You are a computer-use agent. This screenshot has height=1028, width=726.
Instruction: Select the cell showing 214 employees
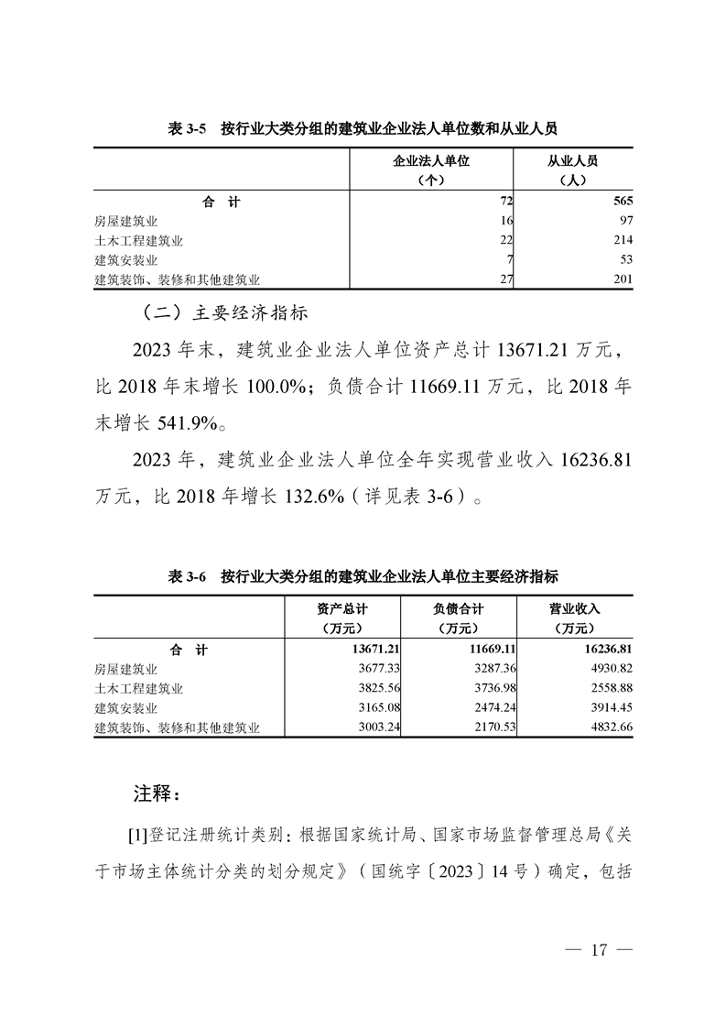coord(620,241)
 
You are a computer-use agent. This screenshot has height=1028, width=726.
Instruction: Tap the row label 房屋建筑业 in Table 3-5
coord(126,222)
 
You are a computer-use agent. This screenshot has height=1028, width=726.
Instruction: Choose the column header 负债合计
coord(458,608)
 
